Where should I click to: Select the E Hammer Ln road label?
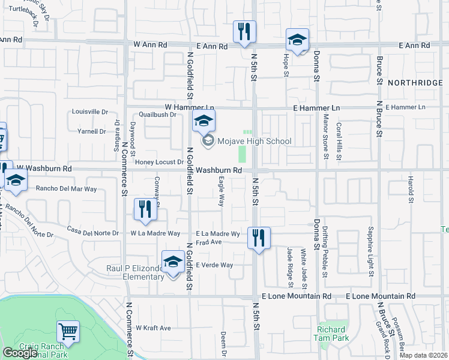[316, 107]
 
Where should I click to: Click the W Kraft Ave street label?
[153, 328]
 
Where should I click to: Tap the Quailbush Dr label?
[157, 114]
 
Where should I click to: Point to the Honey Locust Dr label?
[159, 162]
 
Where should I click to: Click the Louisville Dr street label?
[90, 112]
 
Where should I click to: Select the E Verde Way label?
[214, 265]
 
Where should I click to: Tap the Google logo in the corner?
[20, 353]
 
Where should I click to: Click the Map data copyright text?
[423, 355]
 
